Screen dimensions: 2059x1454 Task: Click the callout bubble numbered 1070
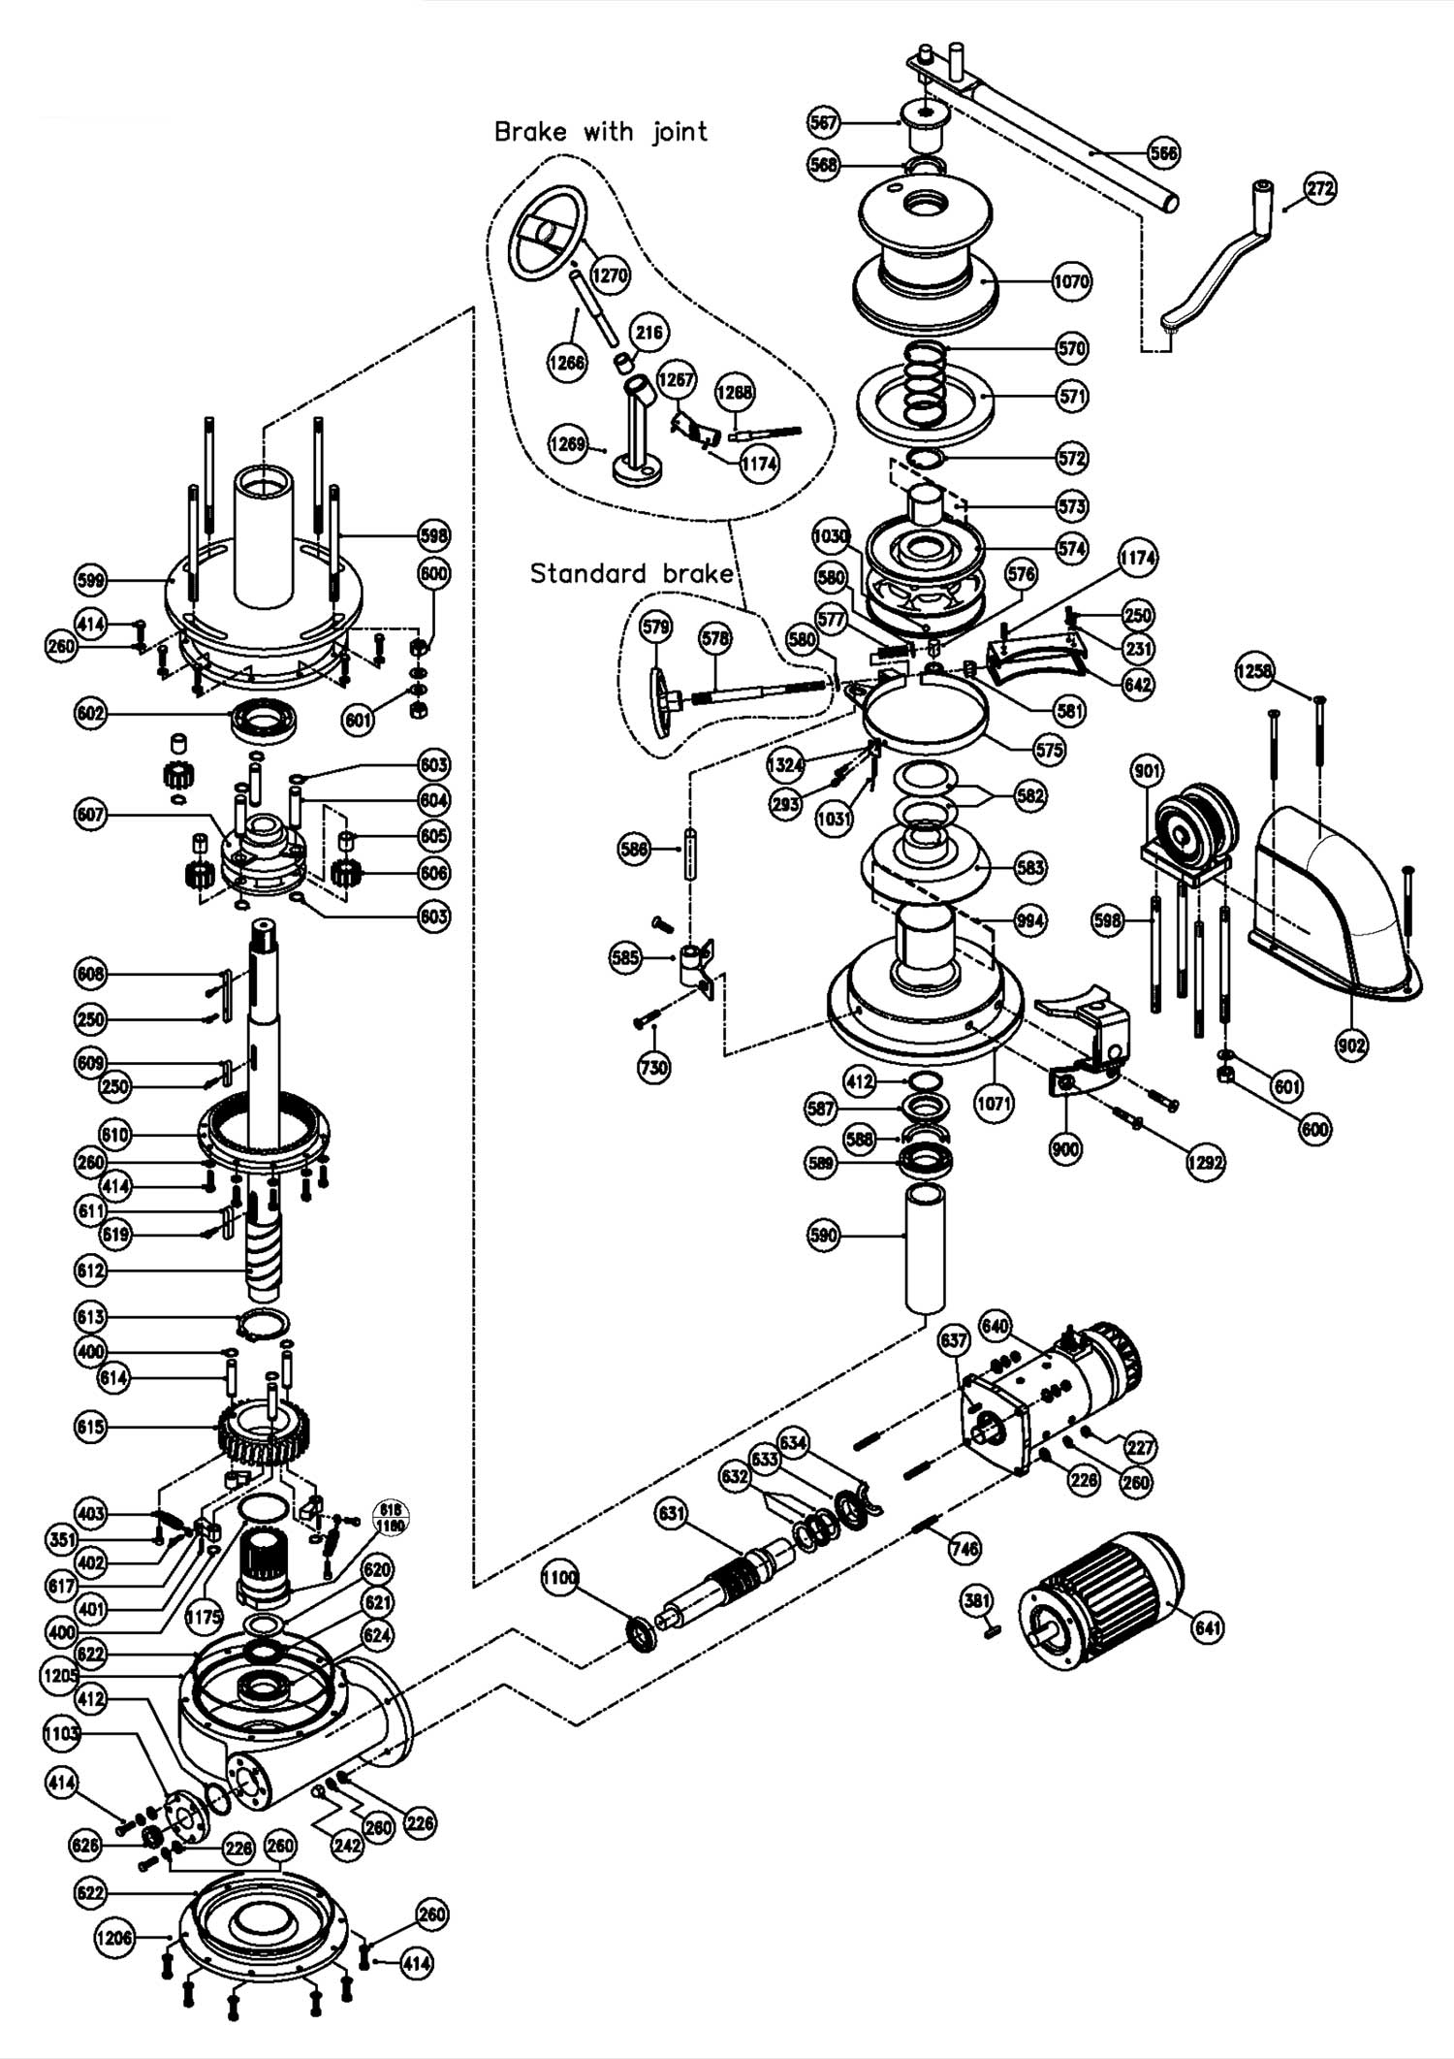tap(1072, 282)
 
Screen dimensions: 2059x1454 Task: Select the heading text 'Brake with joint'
tap(601, 132)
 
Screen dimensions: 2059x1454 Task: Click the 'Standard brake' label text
tap(631, 573)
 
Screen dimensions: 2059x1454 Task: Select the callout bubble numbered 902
tap(1351, 1045)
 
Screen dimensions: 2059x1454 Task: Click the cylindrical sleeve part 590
tap(925, 1246)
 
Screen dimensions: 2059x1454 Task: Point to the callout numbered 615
tap(93, 1427)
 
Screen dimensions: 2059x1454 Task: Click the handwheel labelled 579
tap(660, 692)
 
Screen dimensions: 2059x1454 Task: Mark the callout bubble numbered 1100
tap(559, 1577)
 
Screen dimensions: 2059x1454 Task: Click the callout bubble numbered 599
tap(93, 581)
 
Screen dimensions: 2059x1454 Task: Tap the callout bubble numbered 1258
tap(1254, 671)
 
